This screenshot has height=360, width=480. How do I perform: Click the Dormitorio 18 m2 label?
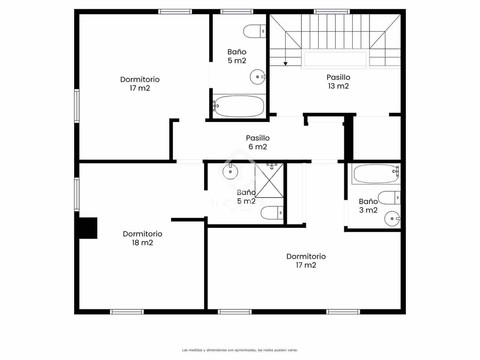click(142, 238)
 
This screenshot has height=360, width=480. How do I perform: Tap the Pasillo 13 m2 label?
click(338, 82)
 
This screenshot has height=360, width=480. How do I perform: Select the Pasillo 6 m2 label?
click(258, 142)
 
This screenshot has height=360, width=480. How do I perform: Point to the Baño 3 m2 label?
click(368, 206)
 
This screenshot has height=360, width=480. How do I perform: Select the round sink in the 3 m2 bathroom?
click(392, 218)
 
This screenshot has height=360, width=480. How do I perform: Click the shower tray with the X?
click(269, 181)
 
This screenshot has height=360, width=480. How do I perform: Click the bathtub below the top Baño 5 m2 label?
click(239, 106)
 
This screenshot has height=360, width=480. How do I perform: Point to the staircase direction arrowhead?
click(286, 64)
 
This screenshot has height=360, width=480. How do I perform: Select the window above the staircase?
click(332, 12)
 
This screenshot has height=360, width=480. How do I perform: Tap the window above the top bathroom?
click(237, 12)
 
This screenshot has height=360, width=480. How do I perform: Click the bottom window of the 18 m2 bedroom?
click(127, 312)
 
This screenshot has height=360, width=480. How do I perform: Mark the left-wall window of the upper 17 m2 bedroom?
click(77, 106)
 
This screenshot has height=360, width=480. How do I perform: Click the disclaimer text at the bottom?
click(240, 350)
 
